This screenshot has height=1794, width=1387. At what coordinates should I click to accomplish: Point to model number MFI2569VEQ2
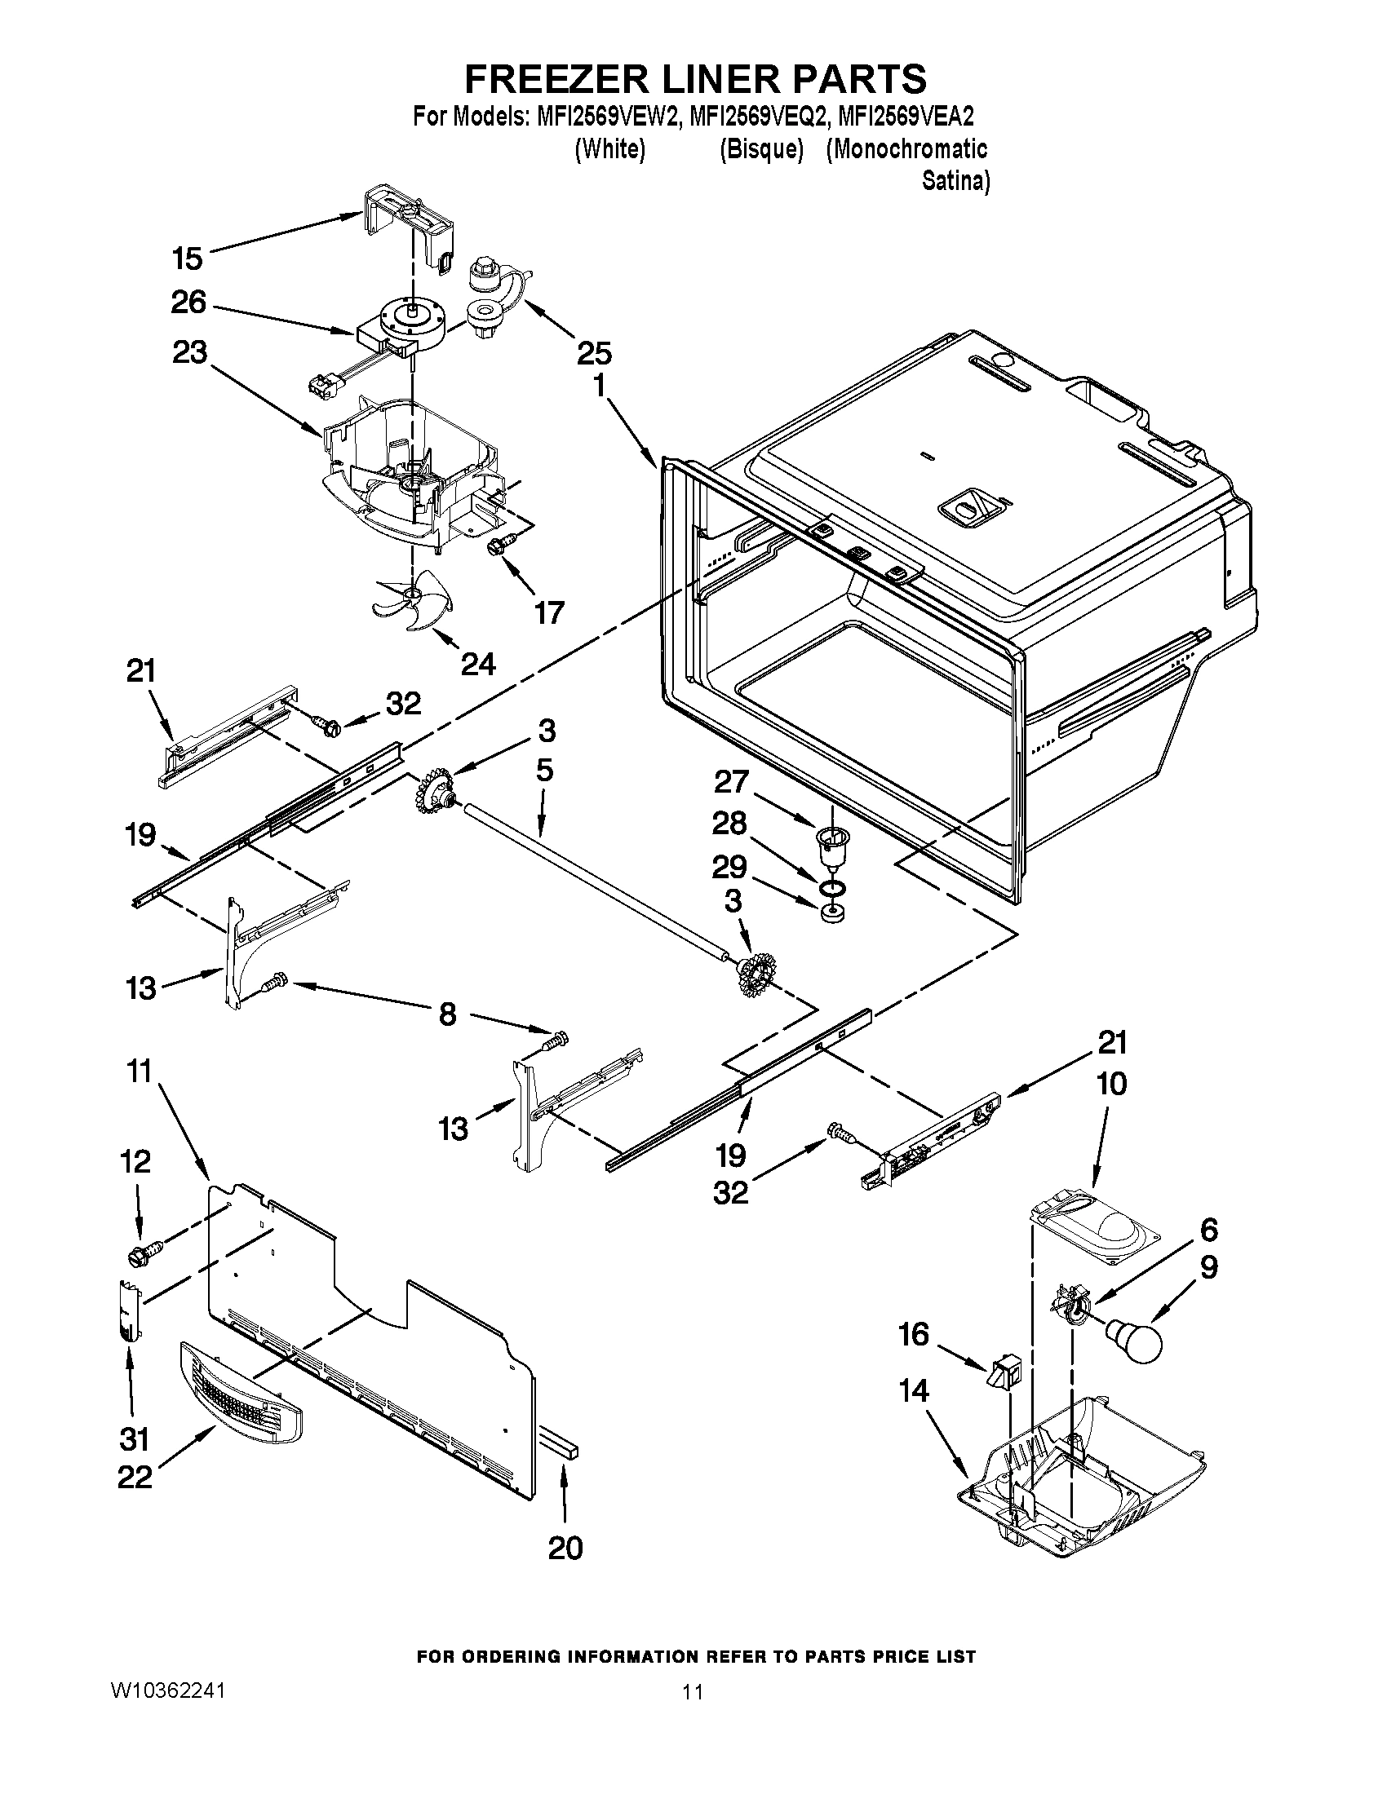click(x=757, y=117)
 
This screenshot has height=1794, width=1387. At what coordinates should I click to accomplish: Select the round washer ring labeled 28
click(x=831, y=886)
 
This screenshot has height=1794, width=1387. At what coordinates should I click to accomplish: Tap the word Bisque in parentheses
click(x=760, y=149)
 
